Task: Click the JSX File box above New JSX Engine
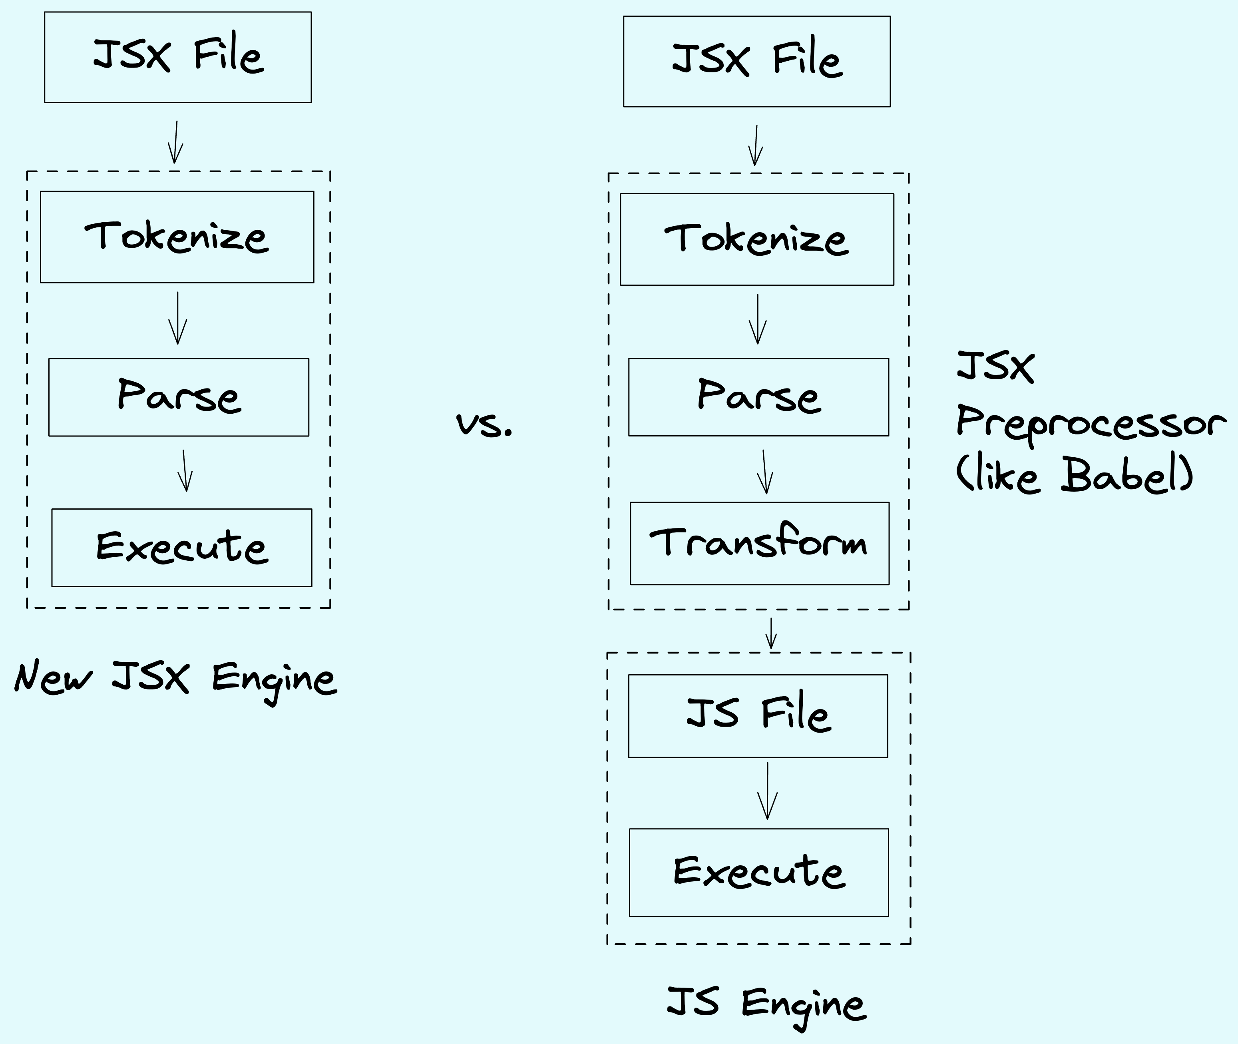coord(177,58)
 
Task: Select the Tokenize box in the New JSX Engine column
coord(177,237)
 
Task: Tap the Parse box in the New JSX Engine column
coord(179,397)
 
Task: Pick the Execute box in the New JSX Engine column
coord(182,548)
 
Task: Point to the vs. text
coord(484,424)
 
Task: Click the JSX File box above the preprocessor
coord(756,62)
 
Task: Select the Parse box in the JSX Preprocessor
coord(758,397)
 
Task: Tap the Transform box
coord(759,543)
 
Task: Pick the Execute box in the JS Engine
coord(758,873)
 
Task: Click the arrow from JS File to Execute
coord(768,792)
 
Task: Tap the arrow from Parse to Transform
coord(764,472)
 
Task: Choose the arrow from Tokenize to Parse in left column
coord(177,319)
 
